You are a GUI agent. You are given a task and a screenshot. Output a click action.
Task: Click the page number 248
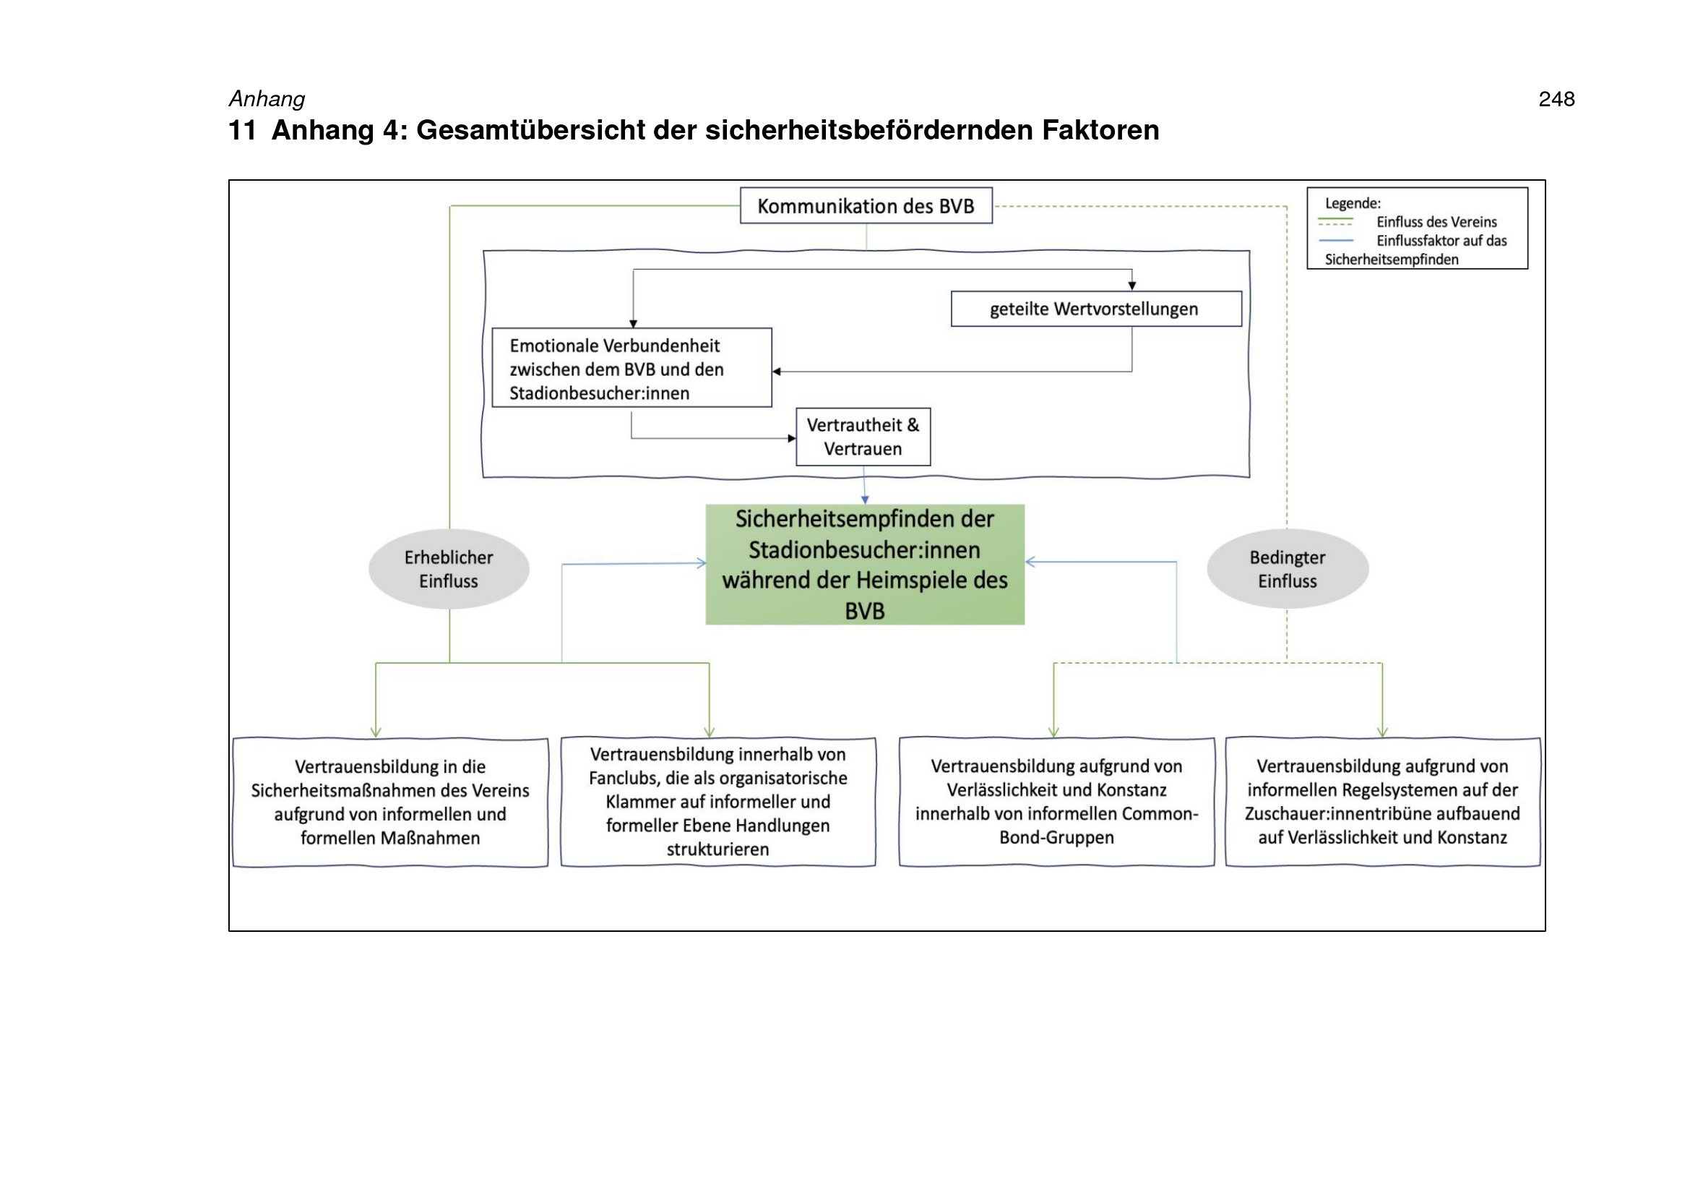[x=1556, y=98]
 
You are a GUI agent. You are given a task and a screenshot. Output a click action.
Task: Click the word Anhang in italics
[x=267, y=99]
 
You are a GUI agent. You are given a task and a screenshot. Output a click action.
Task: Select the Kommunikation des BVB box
[x=866, y=205]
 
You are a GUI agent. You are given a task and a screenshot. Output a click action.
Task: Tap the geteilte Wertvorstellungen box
[x=1096, y=309]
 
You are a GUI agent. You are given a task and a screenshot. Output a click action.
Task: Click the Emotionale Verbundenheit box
[x=631, y=367]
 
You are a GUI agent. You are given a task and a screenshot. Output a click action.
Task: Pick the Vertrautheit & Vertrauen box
[x=863, y=437]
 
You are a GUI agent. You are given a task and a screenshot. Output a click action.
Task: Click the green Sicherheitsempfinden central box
[x=865, y=565]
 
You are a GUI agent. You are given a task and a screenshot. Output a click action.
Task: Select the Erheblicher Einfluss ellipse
[x=449, y=569]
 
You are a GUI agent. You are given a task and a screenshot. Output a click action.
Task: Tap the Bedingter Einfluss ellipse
[x=1288, y=569]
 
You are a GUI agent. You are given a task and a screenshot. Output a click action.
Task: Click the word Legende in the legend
[x=1352, y=203]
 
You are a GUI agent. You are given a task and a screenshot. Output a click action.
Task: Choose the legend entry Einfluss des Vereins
[x=1436, y=222]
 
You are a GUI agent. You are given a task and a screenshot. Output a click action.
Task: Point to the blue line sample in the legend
[x=1336, y=241]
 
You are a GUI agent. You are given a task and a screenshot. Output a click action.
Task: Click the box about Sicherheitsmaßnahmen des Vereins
[x=390, y=802]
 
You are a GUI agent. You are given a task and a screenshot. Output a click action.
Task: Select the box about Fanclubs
[x=717, y=802]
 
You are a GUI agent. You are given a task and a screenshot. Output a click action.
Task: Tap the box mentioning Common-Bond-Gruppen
[x=1056, y=802]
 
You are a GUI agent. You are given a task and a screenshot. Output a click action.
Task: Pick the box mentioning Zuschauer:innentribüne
[x=1382, y=802]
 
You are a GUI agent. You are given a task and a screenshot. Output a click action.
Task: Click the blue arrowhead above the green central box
[x=865, y=500]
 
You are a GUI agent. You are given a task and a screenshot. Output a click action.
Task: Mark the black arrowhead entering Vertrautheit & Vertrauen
[x=792, y=438]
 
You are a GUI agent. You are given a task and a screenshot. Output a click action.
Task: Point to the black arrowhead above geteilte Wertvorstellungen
[x=1132, y=286]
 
